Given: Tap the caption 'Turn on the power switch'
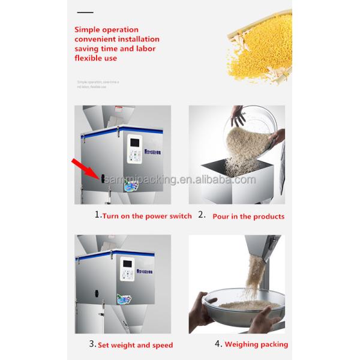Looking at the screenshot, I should tap(147, 216).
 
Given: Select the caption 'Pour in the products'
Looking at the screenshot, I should tap(248, 216).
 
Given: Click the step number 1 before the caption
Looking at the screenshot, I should tap(98, 215).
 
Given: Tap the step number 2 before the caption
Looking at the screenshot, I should tap(202, 215).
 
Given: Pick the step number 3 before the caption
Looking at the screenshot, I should tap(92, 344).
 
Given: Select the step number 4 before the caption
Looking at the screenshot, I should tap(218, 344).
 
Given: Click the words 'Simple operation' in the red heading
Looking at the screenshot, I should tap(106, 29).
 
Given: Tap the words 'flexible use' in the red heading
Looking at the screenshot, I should tap(95, 58).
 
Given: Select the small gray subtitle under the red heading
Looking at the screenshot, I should tap(98, 84).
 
